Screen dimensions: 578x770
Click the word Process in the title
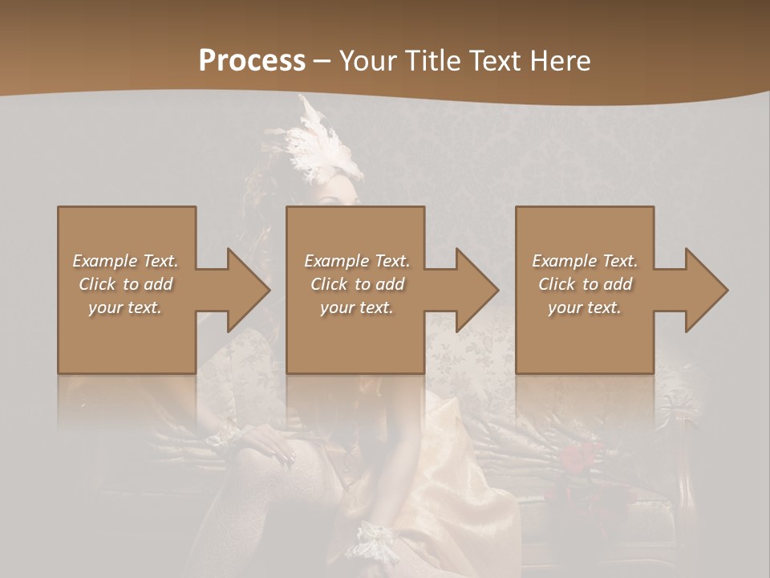tap(252, 61)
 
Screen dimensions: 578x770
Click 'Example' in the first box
tap(104, 261)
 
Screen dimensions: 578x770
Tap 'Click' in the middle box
tap(329, 284)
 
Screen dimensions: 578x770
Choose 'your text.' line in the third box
tap(584, 307)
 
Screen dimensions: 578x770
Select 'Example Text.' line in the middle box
tap(356, 261)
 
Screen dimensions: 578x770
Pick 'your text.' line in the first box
tap(125, 307)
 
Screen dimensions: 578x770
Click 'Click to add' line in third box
tap(585, 284)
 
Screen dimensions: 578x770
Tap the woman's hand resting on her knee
tap(269, 441)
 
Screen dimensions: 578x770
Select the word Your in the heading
tap(368, 61)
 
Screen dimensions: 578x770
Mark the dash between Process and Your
tap(322, 61)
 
